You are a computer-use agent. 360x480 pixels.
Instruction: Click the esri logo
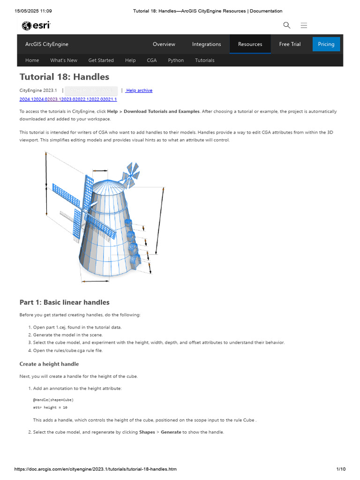coord(36,25)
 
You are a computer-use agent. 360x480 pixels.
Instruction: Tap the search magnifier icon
coord(287,25)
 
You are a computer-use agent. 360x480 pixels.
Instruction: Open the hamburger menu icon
coord(304,25)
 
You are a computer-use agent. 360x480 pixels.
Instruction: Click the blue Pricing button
coord(326,44)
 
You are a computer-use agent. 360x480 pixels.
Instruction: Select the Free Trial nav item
coord(290,44)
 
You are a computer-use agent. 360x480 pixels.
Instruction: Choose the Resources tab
coord(250,44)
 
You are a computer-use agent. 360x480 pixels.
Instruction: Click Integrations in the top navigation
coord(206,44)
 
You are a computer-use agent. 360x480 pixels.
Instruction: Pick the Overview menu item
coord(164,44)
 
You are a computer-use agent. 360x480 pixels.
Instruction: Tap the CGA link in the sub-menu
coord(151,60)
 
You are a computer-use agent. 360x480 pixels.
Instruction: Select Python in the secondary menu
coord(176,60)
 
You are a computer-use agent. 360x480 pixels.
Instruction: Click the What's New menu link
coord(64,60)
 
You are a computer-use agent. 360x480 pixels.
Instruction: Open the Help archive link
coord(139,90)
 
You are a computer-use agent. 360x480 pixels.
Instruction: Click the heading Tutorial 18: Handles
coord(64,77)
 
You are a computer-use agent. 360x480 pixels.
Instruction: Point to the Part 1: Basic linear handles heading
coord(64,302)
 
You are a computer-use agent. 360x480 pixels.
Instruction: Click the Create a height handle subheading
coord(49,364)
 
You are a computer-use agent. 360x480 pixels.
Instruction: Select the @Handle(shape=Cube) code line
coord(53,400)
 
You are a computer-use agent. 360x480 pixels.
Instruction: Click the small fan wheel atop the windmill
coord(131,173)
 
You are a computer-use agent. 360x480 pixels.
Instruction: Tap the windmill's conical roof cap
coord(109,186)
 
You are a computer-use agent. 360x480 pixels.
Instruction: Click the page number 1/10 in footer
coord(341,469)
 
